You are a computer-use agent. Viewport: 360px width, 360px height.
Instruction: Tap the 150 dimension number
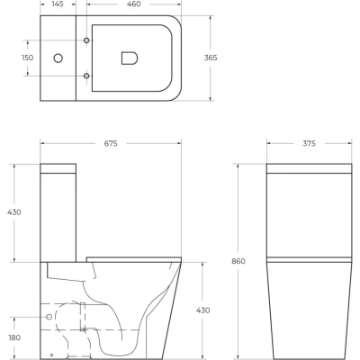(27, 58)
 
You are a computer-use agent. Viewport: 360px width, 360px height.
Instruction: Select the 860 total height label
(238, 261)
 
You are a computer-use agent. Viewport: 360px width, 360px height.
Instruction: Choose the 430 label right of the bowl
(203, 310)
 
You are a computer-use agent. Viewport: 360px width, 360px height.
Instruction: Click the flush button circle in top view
(58, 58)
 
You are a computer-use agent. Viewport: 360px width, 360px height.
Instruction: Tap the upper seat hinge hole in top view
(86, 41)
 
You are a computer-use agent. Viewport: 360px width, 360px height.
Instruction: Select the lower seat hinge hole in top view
(86, 75)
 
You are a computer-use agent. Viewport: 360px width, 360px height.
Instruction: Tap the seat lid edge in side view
(135, 259)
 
